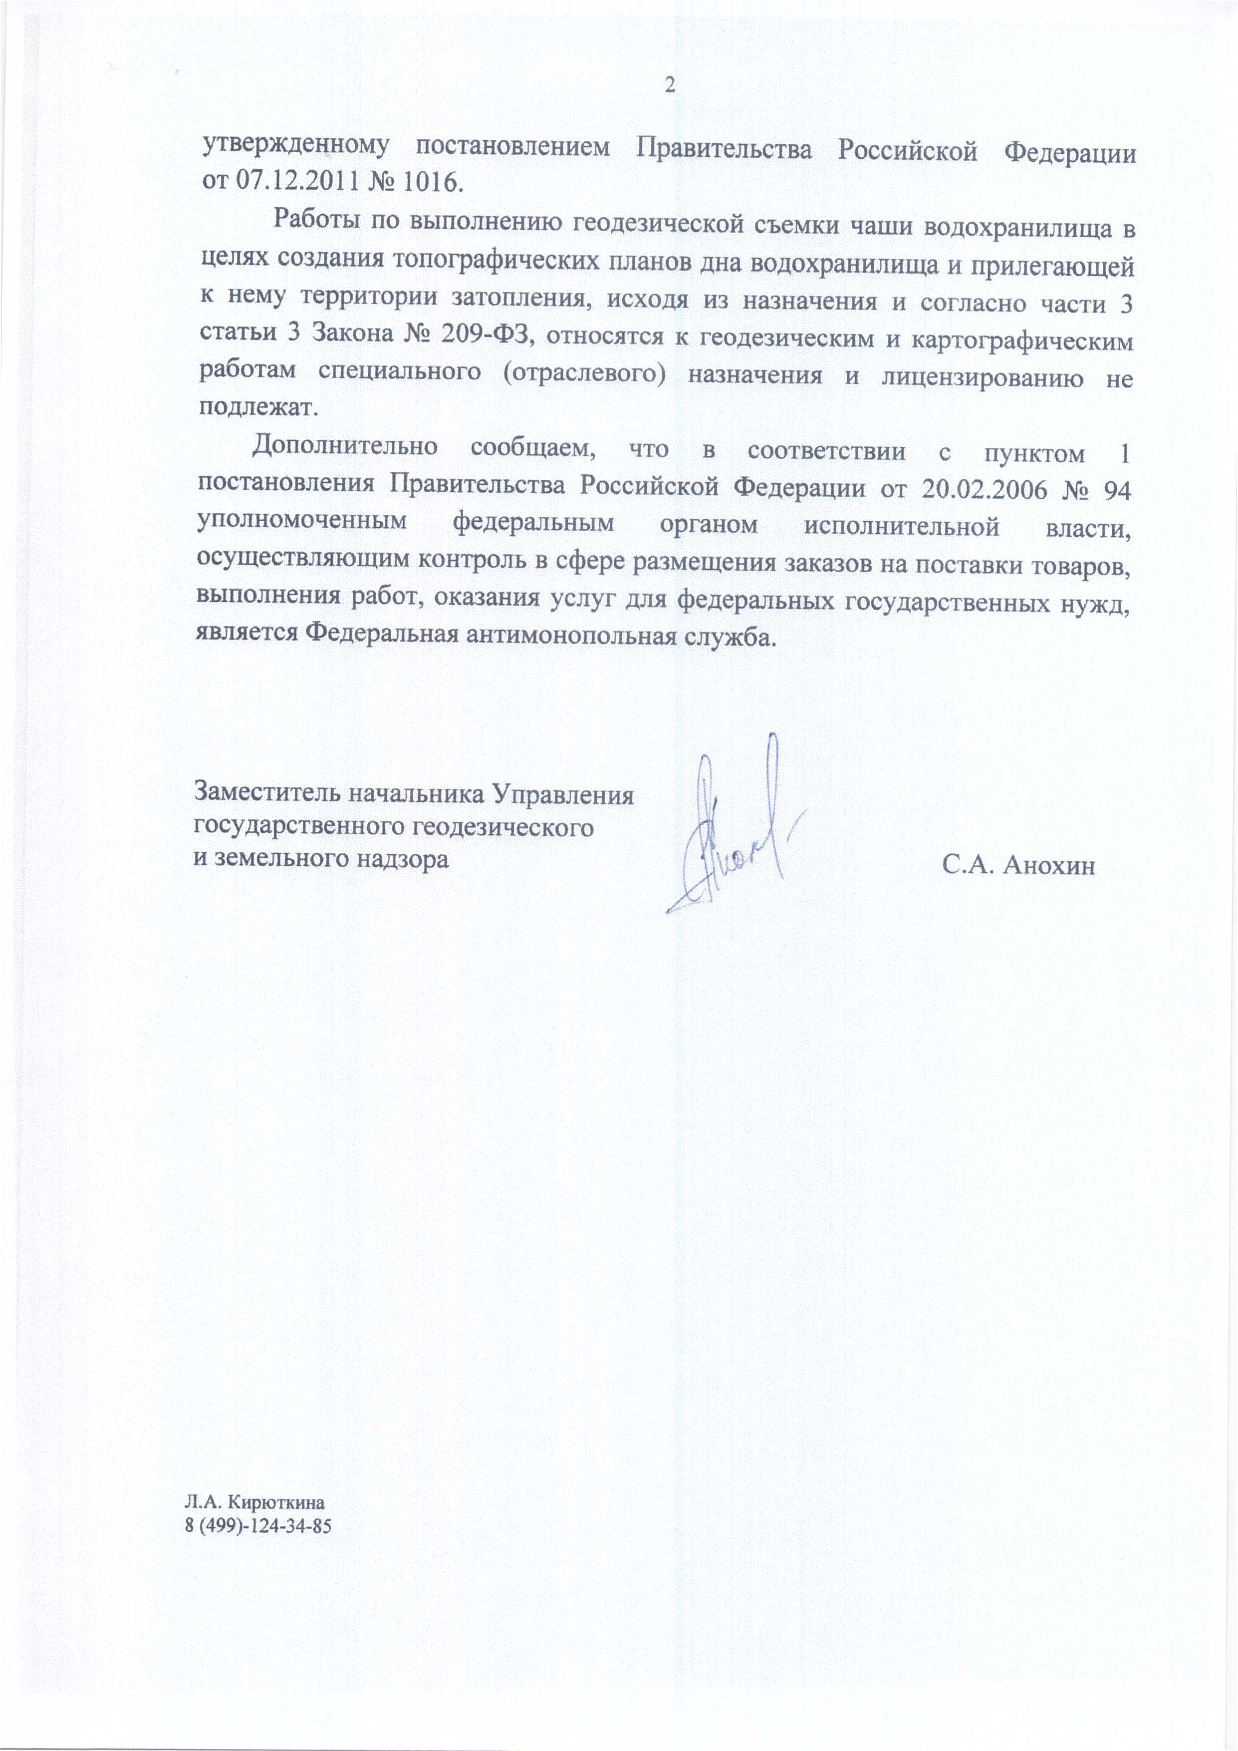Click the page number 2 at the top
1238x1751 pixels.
[670, 85]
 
